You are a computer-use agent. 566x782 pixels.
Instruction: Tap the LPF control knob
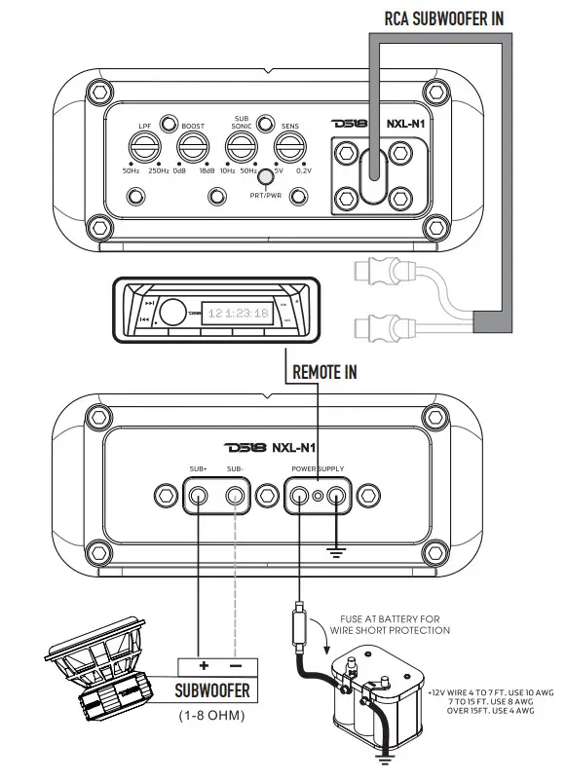click(x=143, y=148)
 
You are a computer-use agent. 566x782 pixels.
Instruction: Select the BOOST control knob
click(x=192, y=148)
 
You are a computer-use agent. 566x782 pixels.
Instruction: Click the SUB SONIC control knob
click(x=241, y=148)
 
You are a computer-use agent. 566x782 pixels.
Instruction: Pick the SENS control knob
click(x=289, y=148)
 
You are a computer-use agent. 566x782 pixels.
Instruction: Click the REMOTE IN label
click(x=324, y=371)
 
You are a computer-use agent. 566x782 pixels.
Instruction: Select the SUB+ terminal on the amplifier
click(x=199, y=498)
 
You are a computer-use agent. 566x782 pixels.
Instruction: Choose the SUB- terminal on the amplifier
click(x=235, y=498)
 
